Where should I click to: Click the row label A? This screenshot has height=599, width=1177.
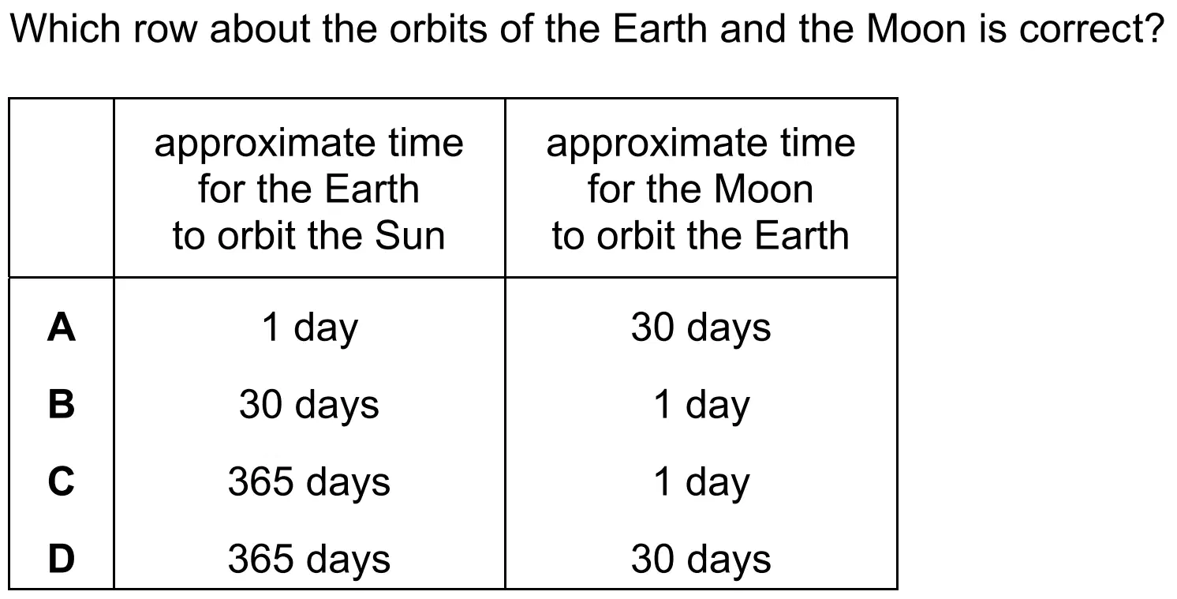62,327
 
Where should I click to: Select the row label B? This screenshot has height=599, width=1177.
62,404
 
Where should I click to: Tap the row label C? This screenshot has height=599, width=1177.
62,481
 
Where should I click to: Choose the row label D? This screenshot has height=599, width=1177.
62,559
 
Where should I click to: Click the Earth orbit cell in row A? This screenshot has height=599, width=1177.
309,328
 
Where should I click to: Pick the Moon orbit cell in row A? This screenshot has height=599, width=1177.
701,328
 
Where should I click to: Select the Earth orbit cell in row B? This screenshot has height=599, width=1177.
309,406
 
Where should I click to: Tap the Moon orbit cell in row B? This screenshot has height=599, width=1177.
701,406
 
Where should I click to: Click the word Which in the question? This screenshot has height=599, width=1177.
65,28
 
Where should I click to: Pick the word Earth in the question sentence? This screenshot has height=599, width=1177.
660,28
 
